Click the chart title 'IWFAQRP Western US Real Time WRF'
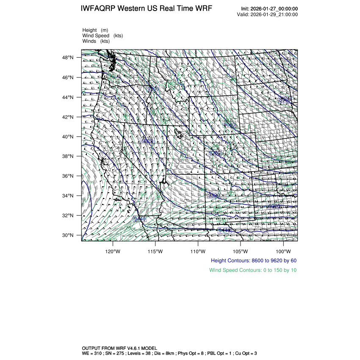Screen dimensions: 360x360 point(146,9)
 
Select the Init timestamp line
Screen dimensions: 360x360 point(269,8)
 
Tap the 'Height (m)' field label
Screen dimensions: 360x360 point(95,30)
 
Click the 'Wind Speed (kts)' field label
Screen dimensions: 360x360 point(102,36)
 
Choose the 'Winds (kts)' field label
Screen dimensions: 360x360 point(96,41)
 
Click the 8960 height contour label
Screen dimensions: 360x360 point(285,100)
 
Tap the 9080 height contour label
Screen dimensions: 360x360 point(229,125)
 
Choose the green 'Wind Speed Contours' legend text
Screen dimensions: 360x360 point(253,270)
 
